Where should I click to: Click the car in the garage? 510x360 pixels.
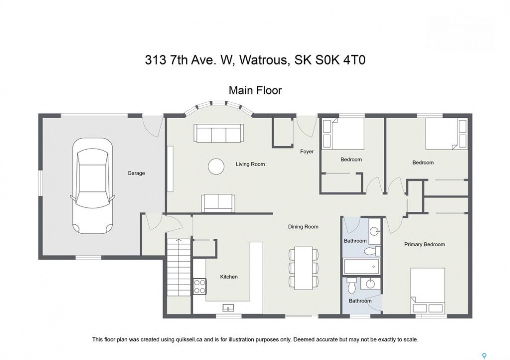pos(93,187)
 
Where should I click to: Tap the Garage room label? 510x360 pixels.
pos(136,173)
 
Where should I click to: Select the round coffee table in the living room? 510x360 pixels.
pos(216,166)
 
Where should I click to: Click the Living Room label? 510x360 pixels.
pos(250,164)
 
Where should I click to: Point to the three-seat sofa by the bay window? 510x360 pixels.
pos(219,133)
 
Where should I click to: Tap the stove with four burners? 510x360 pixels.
pos(200,287)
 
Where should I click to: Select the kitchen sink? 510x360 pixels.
pos(228,307)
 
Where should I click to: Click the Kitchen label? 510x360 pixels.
pos(229,277)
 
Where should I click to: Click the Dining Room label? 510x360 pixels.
pos(303,227)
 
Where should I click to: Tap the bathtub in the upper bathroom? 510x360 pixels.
pos(362,267)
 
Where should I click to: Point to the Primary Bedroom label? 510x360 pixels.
pos(425,244)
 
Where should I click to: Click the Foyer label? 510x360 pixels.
pos(307,151)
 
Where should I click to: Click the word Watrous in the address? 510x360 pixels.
pos(264,60)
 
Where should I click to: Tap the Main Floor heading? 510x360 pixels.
pos(255,90)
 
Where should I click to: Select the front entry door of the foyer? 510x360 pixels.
pos(306,127)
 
